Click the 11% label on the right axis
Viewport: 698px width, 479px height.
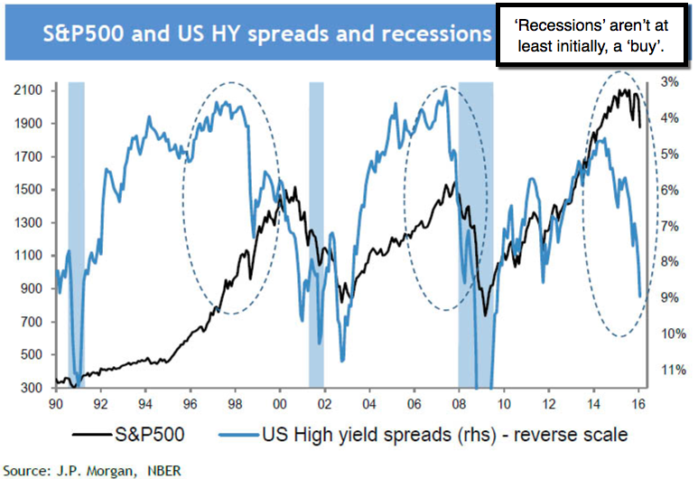tap(673, 370)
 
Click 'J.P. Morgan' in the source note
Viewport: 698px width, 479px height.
tap(82, 470)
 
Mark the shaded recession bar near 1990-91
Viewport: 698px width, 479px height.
tap(77, 235)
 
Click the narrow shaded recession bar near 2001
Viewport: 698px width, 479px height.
tap(316, 235)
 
